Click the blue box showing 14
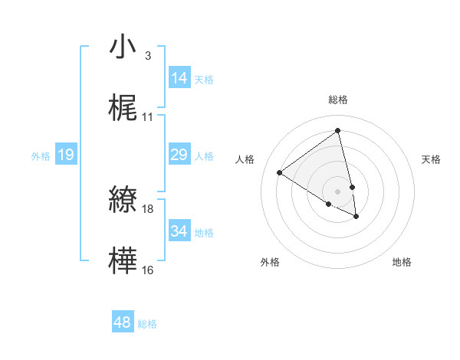tap(179, 78)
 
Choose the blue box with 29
tap(179, 155)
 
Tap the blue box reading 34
tap(179, 231)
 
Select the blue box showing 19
tap(66, 155)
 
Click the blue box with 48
tap(123, 322)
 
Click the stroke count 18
tap(148, 208)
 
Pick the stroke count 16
tap(148, 270)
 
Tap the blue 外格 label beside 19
tap(41, 156)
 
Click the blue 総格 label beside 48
tap(147, 324)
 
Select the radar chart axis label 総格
tap(338, 100)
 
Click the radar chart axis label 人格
tap(245, 159)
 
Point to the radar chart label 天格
tap(432, 159)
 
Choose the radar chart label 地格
tap(402, 262)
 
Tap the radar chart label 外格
tap(270, 262)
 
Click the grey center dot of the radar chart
tap(338, 191)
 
